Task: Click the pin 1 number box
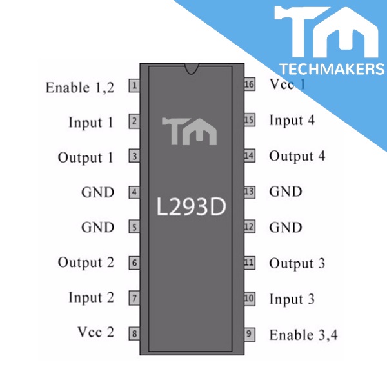click(134, 85)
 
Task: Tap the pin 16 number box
click(249, 84)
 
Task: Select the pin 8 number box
click(134, 333)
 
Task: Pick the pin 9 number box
click(249, 334)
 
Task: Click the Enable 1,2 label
click(80, 88)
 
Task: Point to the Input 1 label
click(91, 123)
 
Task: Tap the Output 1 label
click(86, 158)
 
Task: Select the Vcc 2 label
click(95, 333)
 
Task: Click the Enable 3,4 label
click(303, 335)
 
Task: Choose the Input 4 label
click(292, 121)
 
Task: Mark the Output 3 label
click(297, 264)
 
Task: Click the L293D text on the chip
click(192, 207)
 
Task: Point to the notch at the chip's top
click(192, 68)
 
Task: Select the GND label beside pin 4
click(97, 192)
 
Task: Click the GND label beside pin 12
click(285, 228)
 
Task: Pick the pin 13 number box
click(249, 192)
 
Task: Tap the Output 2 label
click(86, 263)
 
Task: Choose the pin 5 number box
click(134, 227)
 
